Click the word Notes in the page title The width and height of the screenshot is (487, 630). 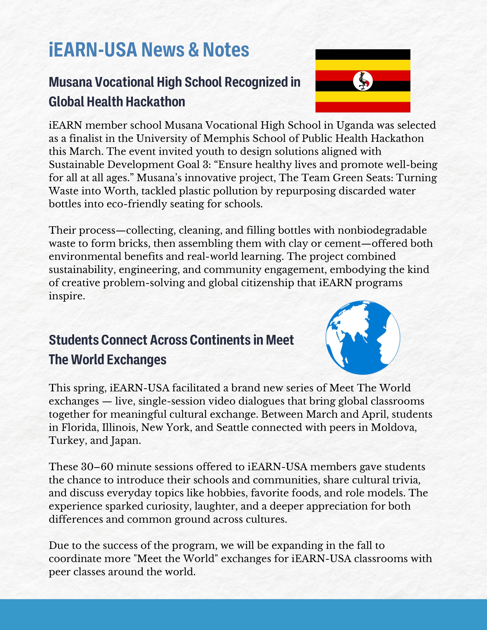click(226, 50)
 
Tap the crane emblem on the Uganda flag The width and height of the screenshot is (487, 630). click(363, 81)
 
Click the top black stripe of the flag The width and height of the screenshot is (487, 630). click(363, 55)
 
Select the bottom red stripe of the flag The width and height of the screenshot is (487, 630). click(363, 107)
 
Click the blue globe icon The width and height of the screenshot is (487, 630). click(363, 338)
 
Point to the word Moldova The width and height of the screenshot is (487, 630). click(394, 427)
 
